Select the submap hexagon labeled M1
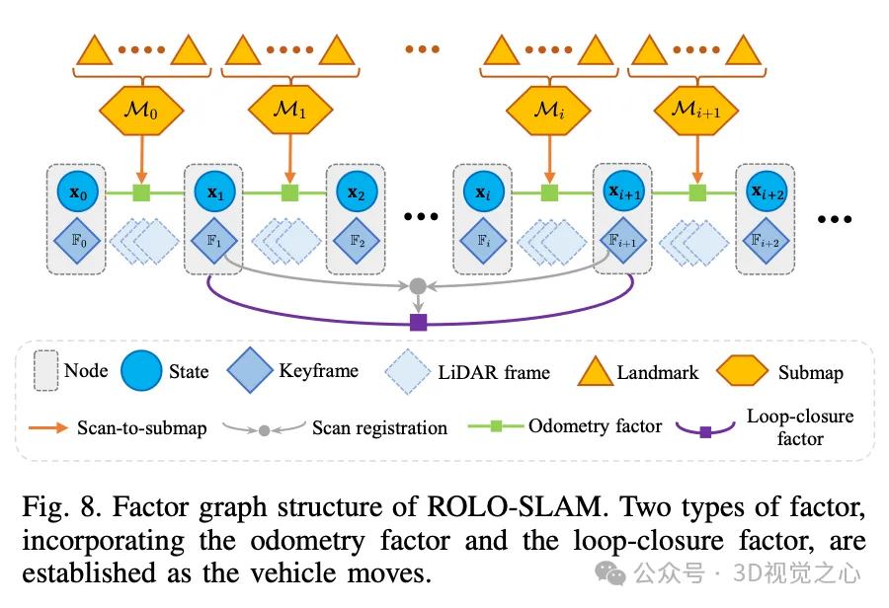click(x=289, y=112)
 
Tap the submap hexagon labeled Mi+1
click(x=698, y=112)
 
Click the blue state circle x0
click(x=77, y=192)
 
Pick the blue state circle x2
click(x=357, y=192)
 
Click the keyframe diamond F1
click(x=213, y=240)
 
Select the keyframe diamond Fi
click(x=482, y=240)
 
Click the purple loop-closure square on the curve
click(x=418, y=322)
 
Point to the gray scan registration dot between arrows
click(x=418, y=286)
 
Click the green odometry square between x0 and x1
click(x=142, y=191)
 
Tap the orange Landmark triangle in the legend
click(x=593, y=371)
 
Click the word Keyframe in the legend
click(x=318, y=371)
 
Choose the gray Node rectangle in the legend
click(x=45, y=371)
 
